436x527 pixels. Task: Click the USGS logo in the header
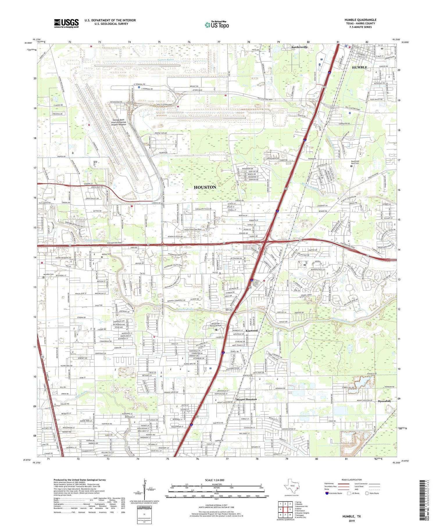tap(66, 23)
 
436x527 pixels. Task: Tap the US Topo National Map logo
tap(217, 25)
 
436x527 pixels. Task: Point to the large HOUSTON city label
tap(205, 187)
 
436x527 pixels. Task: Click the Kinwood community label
tap(252, 331)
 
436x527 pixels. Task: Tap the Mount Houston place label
tap(246, 399)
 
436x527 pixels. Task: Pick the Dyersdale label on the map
tap(384, 401)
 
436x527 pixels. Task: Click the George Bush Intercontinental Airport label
tap(119, 122)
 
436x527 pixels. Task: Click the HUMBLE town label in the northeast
tap(360, 67)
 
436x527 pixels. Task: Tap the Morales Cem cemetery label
tap(48, 274)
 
